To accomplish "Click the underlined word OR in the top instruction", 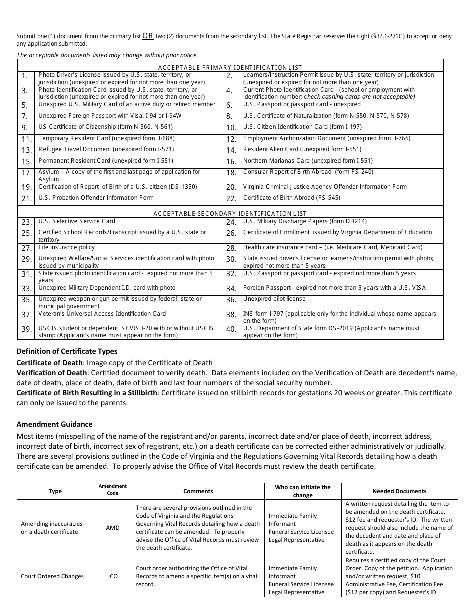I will click(x=148, y=36).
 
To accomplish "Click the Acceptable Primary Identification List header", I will click(x=230, y=67).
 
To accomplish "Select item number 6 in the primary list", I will click(x=229, y=106).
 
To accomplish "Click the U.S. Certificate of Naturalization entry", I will click(x=326, y=116).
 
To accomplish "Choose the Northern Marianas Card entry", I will click(x=308, y=161).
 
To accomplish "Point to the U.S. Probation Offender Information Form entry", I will click(x=96, y=198).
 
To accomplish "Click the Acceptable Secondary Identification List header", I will click(x=230, y=213).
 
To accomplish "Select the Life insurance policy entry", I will click(x=66, y=247).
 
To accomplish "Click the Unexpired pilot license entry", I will click(x=274, y=299).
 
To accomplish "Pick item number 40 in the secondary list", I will click(x=231, y=329).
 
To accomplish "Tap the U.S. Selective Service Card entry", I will click(x=77, y=221).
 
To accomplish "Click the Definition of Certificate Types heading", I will click(x=67, y=351).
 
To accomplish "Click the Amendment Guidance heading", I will click(x=54, y=424).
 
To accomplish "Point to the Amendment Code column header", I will click(x=113, y=489).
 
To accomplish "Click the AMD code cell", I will click(x=113, y=528).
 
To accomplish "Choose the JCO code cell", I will click(x=113, y=576).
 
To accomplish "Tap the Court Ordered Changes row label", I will click(x=52, y=576).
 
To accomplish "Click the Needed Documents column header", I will click(x=399, y=491).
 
